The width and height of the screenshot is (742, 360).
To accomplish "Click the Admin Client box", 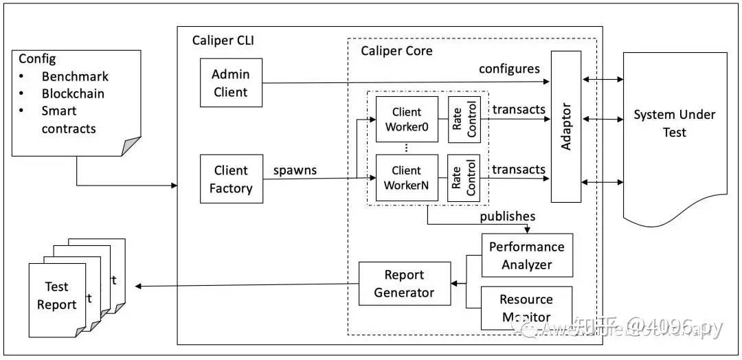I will (x=231, y=82).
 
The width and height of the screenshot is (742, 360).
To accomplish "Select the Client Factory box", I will (x=231, y=179).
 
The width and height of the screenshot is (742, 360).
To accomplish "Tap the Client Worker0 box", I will (x=407, y=119).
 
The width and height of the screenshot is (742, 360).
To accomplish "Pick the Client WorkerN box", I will (x=407, y=178).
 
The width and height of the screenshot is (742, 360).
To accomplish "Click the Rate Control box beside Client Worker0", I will (x=464, y=119).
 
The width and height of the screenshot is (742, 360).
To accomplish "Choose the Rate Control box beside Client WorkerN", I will (x=464, y=178).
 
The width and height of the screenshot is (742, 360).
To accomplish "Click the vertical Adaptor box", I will (x=566, y=126).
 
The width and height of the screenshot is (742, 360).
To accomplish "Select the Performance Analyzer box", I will (x=527, y=255).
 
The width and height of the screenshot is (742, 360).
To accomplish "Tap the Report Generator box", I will (x=405, y=283).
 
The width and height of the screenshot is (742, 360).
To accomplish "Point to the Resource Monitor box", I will (x=526, y=307).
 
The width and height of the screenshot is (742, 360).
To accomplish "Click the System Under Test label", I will (x=674, y=123).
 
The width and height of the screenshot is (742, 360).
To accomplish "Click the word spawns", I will (x=295, y=170).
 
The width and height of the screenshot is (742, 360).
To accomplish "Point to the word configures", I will (x=509, y=69).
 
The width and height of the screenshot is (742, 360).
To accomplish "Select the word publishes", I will (x=507, y=216).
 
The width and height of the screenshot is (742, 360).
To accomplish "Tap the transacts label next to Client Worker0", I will (x=519, y=109).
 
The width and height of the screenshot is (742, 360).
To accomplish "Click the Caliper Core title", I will (x=396, y=51).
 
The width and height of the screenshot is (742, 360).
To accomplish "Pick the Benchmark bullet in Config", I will (x=75, y=76).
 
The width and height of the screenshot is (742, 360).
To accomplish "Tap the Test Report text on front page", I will (x=57, y=296).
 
